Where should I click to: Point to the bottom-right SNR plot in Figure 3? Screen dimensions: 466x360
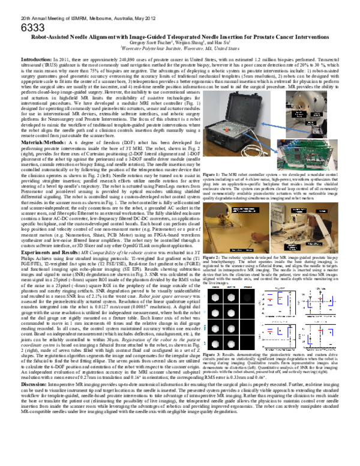coord(318,336)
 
